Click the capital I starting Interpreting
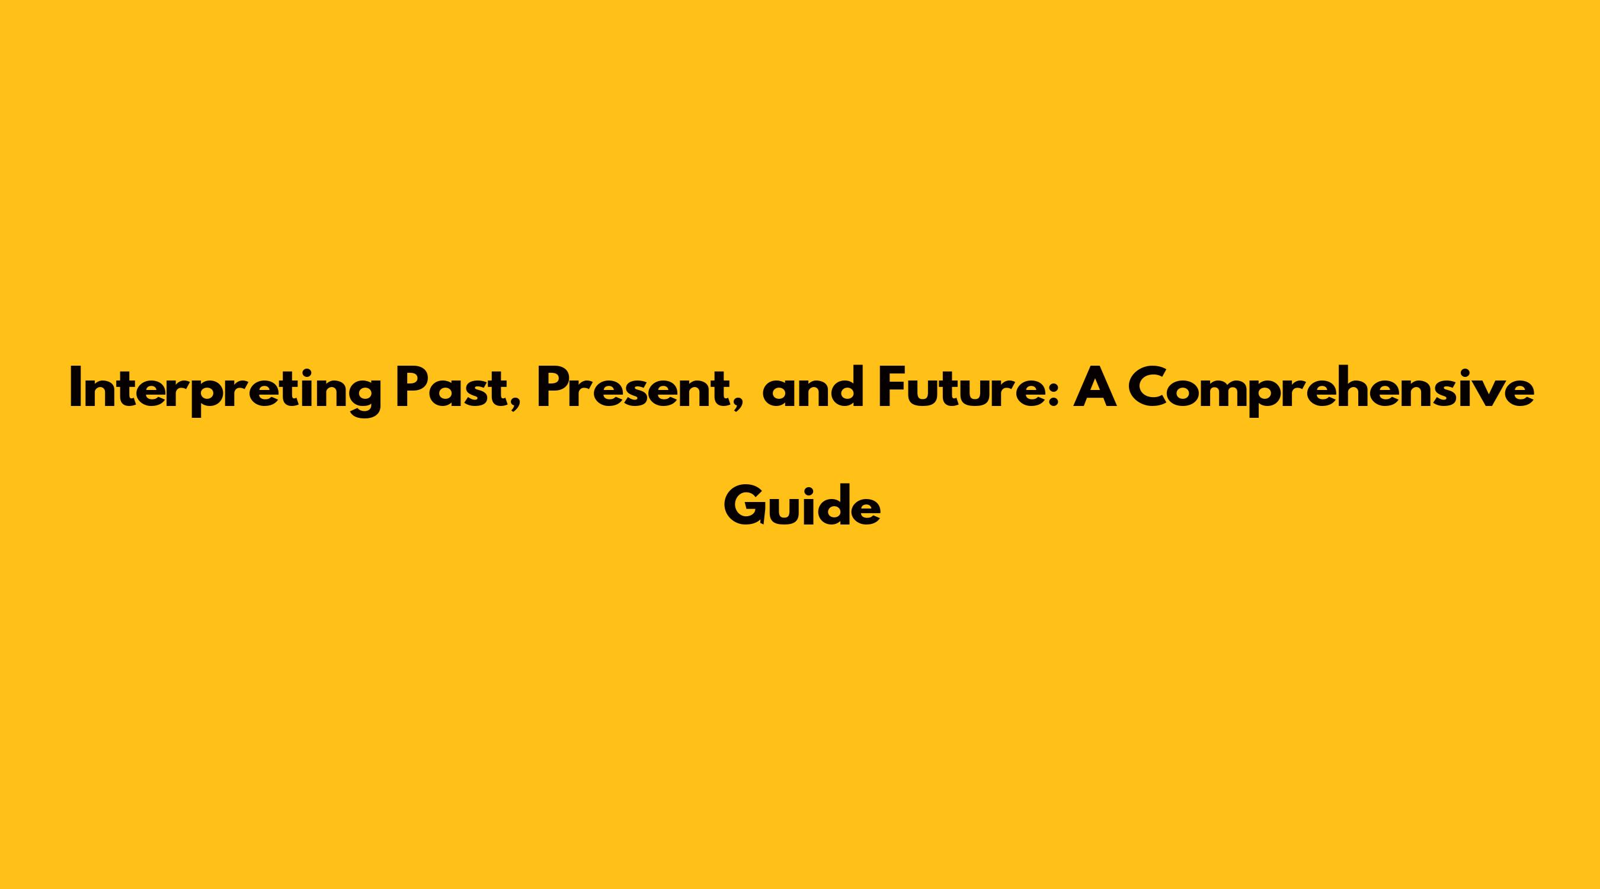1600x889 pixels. click(75, 388)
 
